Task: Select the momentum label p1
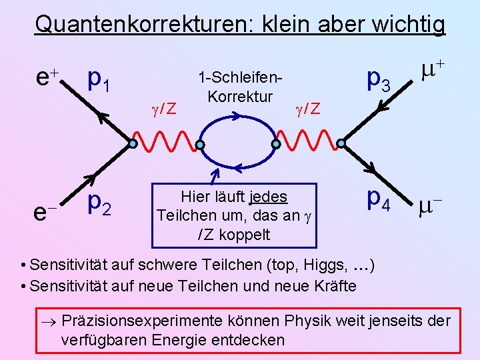tap(102, 81)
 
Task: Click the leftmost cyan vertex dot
tap(133, 143)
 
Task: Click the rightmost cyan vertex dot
tap(341, 143)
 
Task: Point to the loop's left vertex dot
tap(199, 144)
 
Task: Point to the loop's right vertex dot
tap(275, 143)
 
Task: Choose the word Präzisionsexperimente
tap(170, 321)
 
